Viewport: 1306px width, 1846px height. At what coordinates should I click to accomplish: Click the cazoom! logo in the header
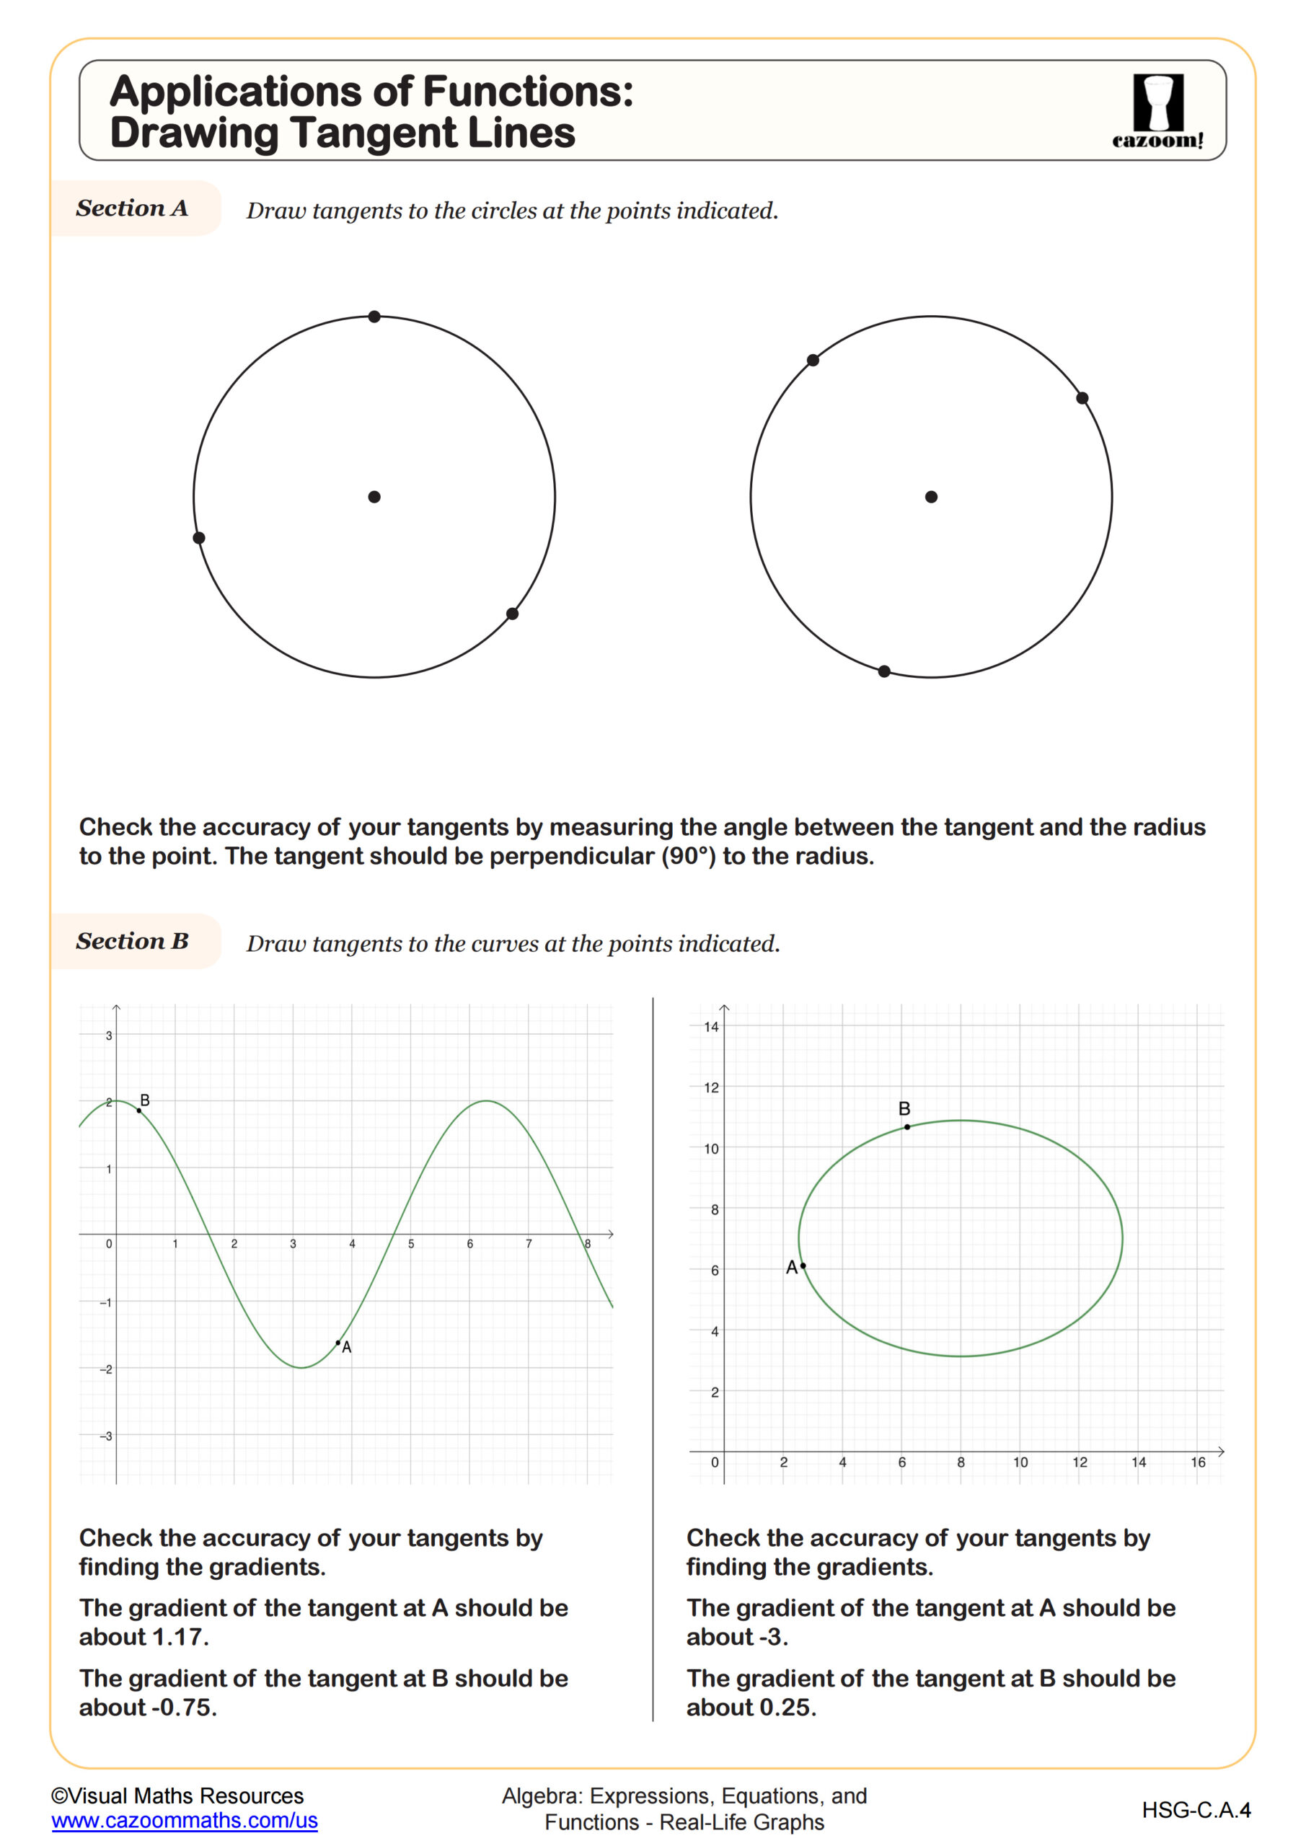[1157, 111]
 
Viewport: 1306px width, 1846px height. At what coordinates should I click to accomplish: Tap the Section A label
[133, 208]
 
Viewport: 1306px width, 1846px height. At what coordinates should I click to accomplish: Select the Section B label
[133, 941]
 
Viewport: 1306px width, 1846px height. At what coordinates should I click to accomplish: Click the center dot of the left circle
[374, 497]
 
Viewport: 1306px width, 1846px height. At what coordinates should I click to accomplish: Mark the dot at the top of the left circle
[374, 317]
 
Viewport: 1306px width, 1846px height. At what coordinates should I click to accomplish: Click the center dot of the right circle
[931, 497]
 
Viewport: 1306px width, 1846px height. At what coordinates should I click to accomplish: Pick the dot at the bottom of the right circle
[884, 671]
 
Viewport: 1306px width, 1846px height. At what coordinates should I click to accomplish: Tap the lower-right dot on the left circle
[512, 614]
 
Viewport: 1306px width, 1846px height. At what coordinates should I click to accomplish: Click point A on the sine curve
[337, 1343]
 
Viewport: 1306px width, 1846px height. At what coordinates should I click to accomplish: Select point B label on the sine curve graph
[145, 1100]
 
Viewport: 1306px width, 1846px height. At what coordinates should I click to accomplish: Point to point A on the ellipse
[803, 1266]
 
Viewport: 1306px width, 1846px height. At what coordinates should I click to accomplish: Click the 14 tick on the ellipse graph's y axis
[711, 1027]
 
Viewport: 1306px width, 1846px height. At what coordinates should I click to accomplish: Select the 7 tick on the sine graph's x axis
[529, 1244]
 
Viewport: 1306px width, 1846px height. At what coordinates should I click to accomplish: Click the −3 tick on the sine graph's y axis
[105, 1436]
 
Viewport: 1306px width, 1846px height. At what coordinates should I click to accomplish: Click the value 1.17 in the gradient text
[179, 1637]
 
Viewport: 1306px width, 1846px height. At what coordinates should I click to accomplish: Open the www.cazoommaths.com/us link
[184, 1820]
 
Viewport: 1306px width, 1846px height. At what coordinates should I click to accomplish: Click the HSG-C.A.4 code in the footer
[1196, 1810]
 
